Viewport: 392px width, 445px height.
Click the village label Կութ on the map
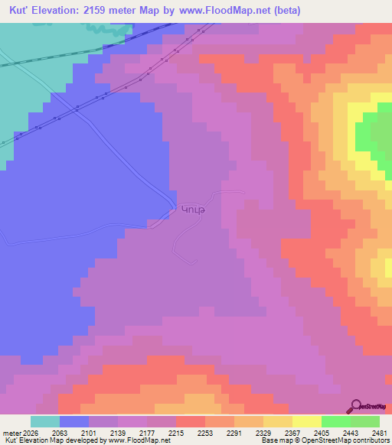[x=192, y=209]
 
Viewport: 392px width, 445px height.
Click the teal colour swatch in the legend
[x=45, y=421]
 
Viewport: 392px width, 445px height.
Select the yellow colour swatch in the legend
[x=307, y=421]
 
